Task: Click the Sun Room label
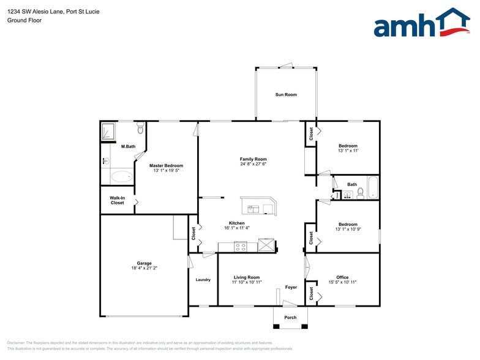click(x=286, y=94)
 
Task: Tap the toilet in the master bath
click(x=141, y=129)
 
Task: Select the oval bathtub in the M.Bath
click(x=121, y=177)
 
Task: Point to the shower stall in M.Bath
click(x=108, y=130)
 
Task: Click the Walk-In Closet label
click(x=117, y=200)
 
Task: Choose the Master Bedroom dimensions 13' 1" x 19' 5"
click(x=166, y=171)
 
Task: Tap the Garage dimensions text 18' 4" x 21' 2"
click(x=144, y=268)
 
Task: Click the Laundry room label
click(x=203, y=280)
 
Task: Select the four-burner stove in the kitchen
click(x=241, y=247)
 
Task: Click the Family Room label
click(x=253, y=159)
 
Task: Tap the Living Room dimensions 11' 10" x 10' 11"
click(x=246, y=282)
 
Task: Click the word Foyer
click(x=291, y=287)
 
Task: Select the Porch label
click(x=290, y=317)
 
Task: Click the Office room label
click(x=342, y=277)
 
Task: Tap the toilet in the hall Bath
click(x=360, y=194)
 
